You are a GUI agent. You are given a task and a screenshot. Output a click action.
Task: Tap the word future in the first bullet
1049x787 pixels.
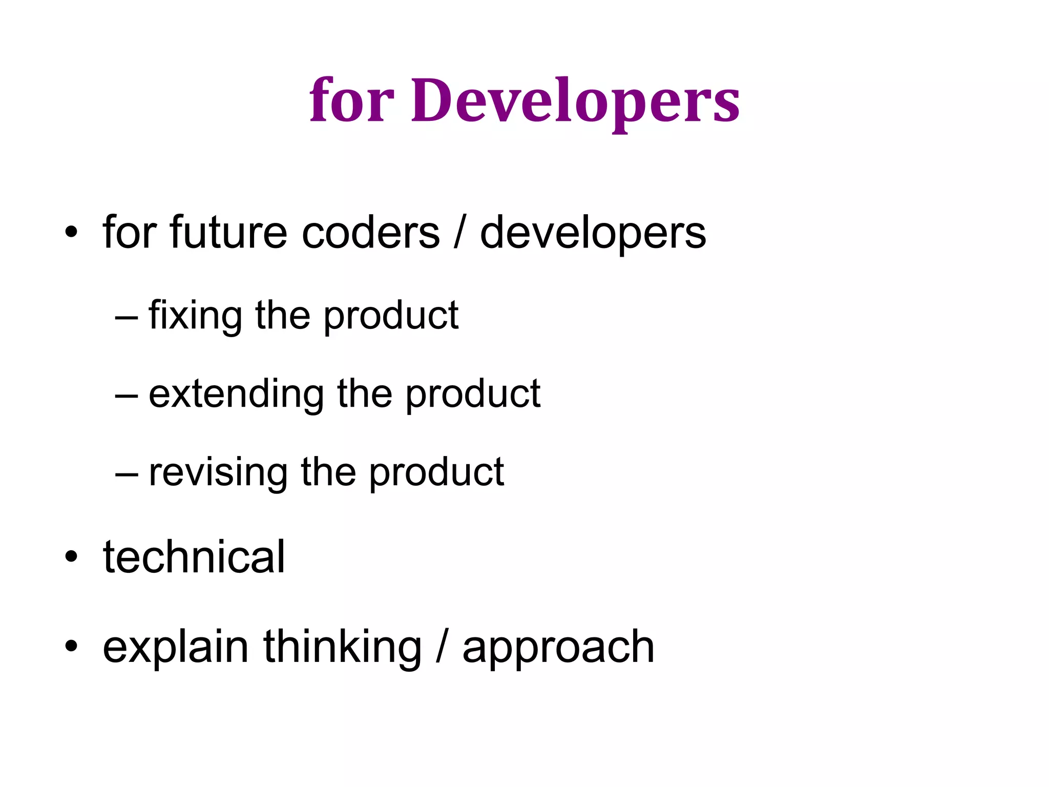[227, 233]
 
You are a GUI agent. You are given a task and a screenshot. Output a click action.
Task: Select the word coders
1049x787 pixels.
[370, 233]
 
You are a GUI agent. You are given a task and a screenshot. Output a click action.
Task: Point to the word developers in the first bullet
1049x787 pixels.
[593, 234]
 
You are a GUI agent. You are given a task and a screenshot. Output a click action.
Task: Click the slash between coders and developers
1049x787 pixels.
[460, 233]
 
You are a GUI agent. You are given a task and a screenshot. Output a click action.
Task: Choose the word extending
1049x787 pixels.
[236, 393]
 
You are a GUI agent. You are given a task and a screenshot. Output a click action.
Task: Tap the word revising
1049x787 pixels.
[218, 472]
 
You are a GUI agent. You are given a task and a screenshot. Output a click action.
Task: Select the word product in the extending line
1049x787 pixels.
[473, 394]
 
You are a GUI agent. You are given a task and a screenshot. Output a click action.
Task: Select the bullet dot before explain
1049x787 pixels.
[71, 647]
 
